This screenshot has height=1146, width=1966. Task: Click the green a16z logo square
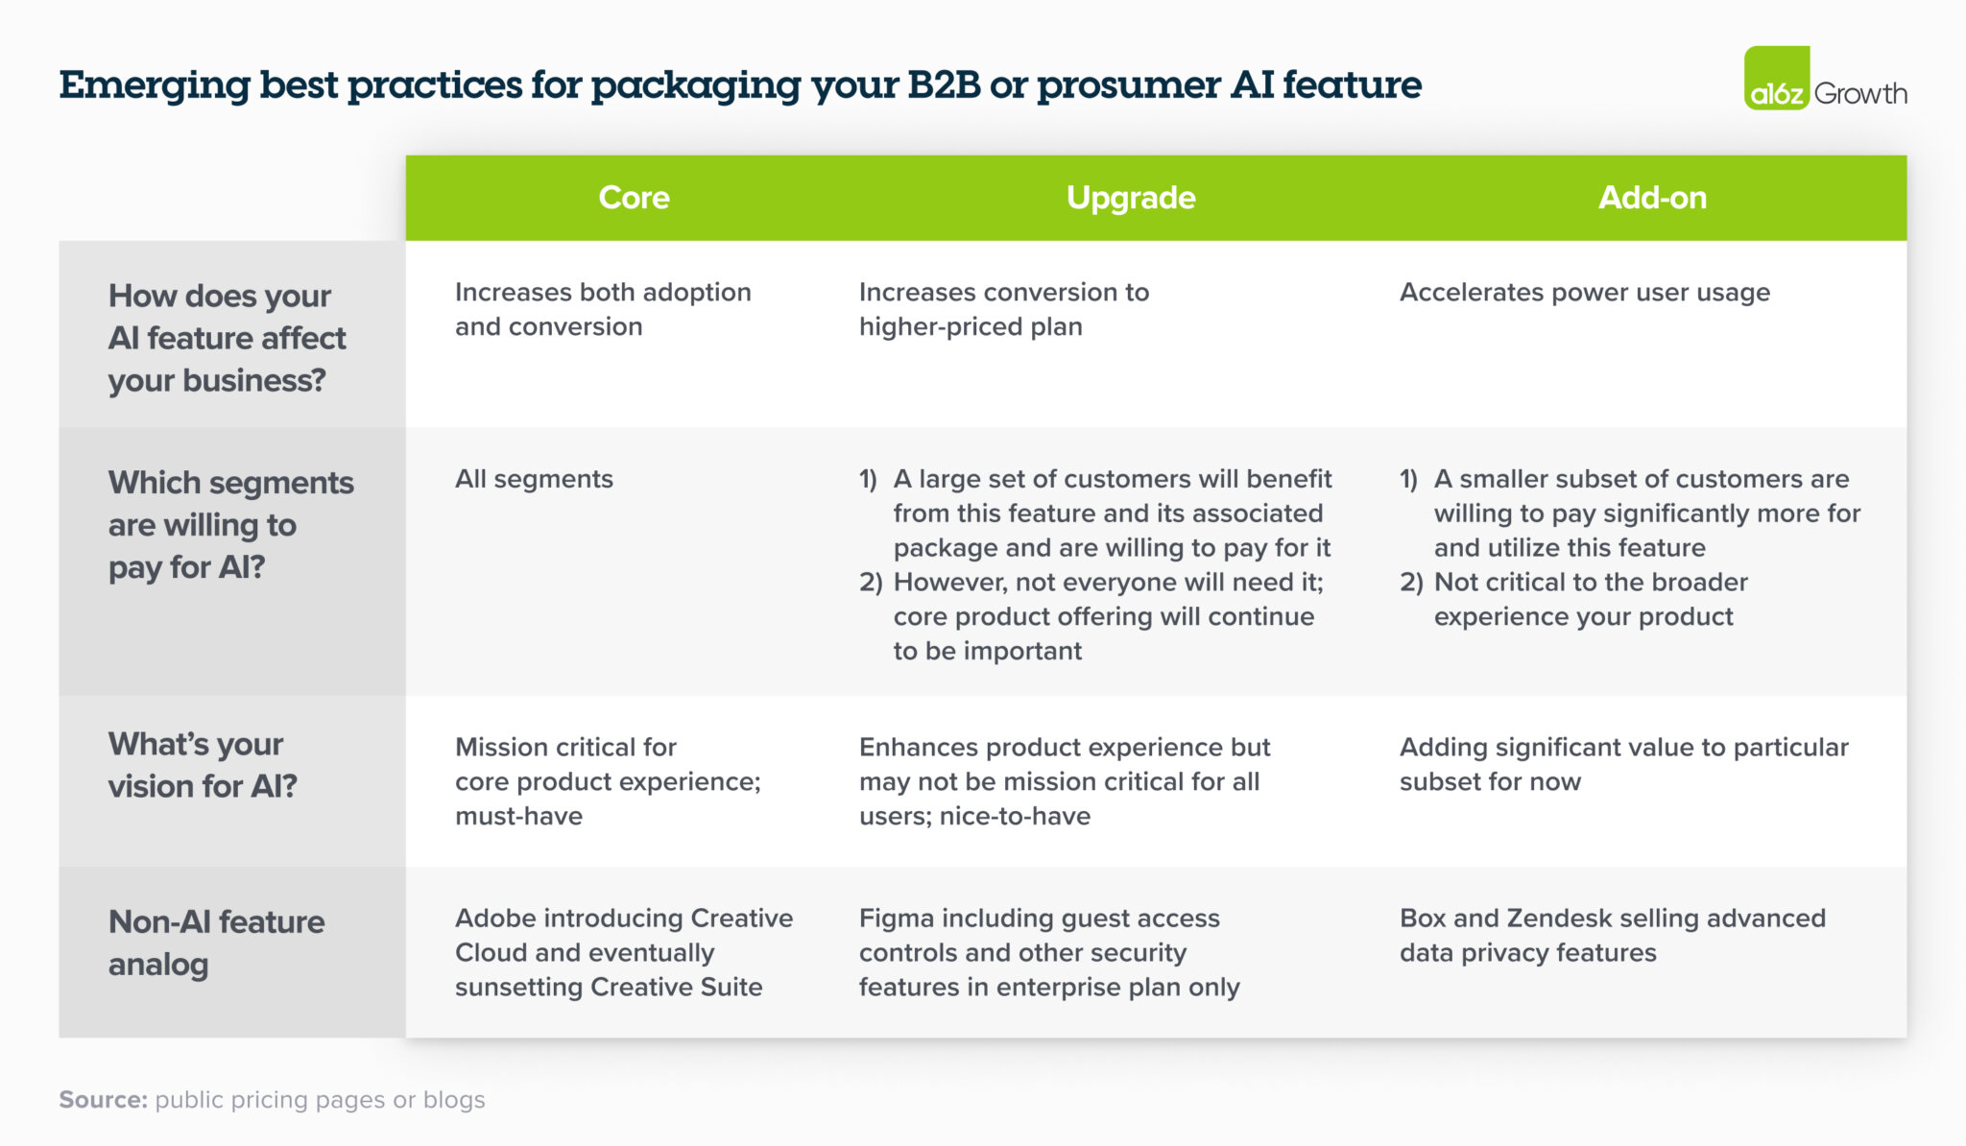pos(1776,79)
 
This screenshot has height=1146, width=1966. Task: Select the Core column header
pos(634,198)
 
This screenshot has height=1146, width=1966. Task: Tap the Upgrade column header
pos(1131,198)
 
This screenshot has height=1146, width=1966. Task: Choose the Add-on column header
pos(1652,198)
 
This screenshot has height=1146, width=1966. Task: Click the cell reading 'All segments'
pos(534,479)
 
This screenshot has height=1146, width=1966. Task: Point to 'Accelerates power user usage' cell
pos(1584,293)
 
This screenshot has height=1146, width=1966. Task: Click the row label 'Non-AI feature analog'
pos(216,943)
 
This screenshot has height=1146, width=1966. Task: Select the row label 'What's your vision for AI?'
pos(202,765)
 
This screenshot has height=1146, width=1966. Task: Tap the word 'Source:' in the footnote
pos(103,1100)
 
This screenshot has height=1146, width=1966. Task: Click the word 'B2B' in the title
pos(944,85)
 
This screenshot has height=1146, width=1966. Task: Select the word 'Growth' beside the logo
pos(1860,94)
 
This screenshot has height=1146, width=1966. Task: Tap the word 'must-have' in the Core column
pos(518,817)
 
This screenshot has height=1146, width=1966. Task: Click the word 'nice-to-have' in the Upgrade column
pos(1015,817)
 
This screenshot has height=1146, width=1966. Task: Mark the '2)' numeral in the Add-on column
pos(1410,583)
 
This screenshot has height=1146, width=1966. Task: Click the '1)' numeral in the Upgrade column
pos(868,479)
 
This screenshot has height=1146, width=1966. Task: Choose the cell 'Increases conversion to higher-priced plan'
pos(1003,309)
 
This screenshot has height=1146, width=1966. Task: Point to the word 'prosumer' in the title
pos(1129,85)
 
